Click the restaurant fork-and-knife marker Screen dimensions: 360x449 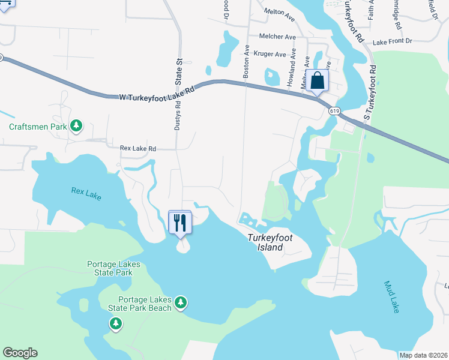[x=180, y=223]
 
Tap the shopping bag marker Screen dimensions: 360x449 [x=317, y=80]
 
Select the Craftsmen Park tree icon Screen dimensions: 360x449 [x=76, y=126]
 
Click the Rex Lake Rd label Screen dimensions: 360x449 [x=137, y=148]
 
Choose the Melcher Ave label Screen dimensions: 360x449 [x=277, y=37]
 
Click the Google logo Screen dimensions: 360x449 [x=20, y=353]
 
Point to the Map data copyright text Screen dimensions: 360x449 [x=423, y=355]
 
